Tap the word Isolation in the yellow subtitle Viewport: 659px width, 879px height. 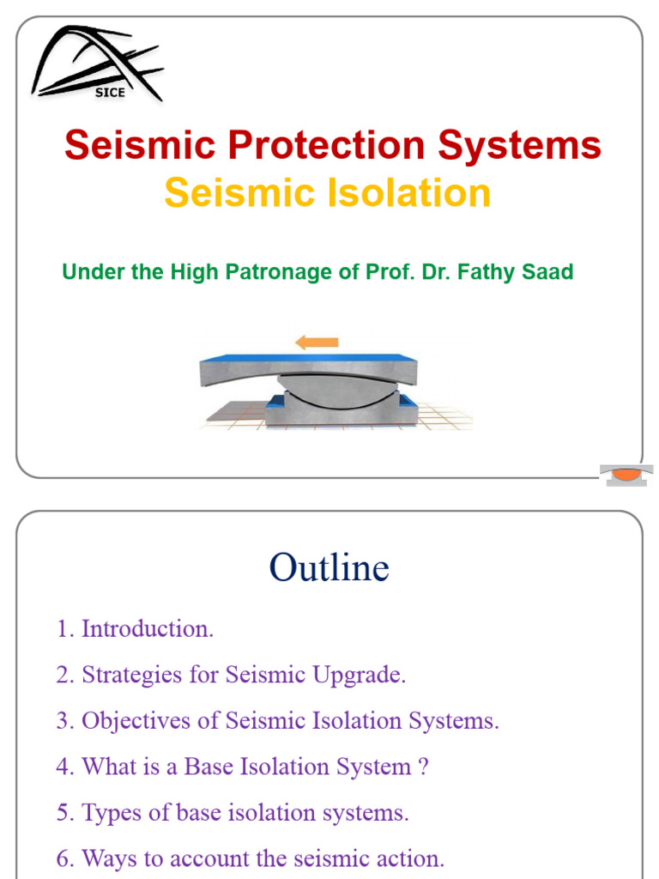pyautogui.click(x=413, y=192)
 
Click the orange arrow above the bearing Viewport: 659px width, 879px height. pyautogui.click(x=317, y=343)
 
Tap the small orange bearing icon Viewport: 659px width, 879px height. pyautogui.click(x=626, y=474)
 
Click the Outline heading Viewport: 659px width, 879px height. pyautogui.click(x=329, y=567)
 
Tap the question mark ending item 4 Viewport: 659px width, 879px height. pyautogui.click(x=421, y=767)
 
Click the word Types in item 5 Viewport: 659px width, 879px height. pyautogui.click(x=107, y=812)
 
